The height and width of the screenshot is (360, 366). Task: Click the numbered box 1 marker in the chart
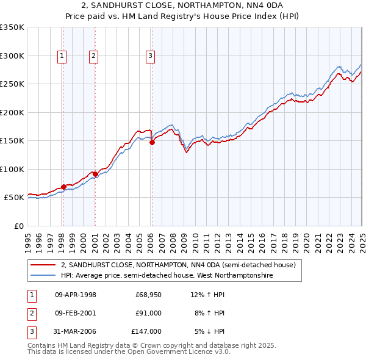point(62,56)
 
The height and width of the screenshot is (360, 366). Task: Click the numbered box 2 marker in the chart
point(93,56)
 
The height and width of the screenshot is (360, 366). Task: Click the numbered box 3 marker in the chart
point(150,56)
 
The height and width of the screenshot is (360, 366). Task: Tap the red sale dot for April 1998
point(63,187)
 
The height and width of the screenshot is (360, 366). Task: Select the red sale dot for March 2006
point(152,143)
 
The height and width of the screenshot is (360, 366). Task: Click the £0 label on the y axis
point(18,226)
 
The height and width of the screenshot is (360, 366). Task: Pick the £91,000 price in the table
point(148,313)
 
